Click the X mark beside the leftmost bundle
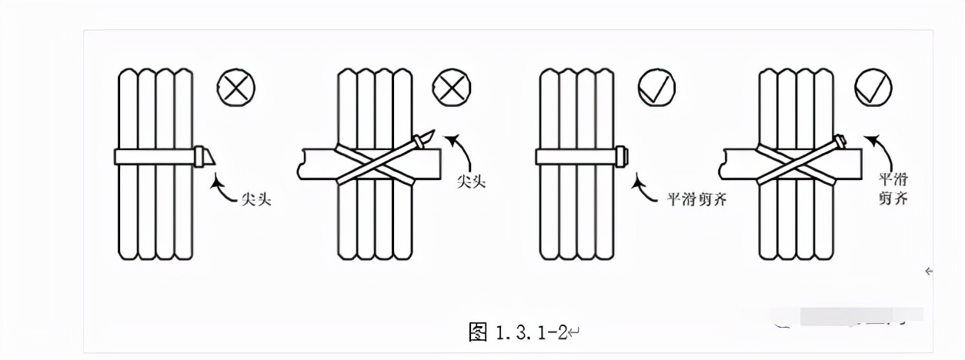tap(235, 88)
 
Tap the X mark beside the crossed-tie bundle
tap(452, 88)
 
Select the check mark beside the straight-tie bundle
tap(656, 88)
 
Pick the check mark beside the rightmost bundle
tap(873, 88)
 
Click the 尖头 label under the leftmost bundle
tap(256, 199)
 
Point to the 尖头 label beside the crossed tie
tap(471, 182)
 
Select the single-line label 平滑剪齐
tap(697, 199)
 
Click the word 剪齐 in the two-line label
tap(893, 198)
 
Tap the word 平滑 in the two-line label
tap(893, 179)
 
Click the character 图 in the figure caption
tap(478, 332)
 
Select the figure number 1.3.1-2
tap(531, 332)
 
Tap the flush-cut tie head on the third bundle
tap(623, 156)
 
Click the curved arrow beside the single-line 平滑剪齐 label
tap(644, 189)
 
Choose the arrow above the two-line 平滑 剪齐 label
tap(883, 152)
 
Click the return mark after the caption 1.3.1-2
tap(575, 333)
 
